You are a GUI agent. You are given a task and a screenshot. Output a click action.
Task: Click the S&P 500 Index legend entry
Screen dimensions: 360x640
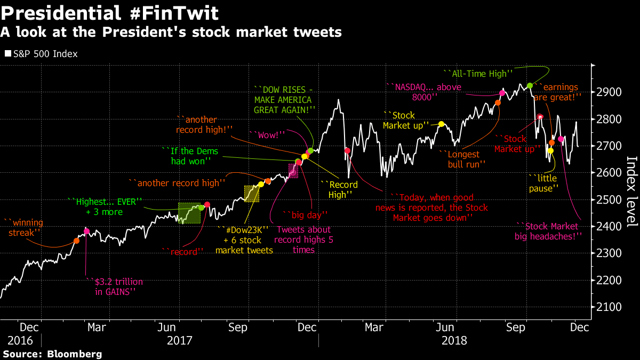pyautogui.click(x=42, y=54)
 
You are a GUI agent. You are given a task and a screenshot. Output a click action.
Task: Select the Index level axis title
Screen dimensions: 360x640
pyautogui.click(x=630, y=191)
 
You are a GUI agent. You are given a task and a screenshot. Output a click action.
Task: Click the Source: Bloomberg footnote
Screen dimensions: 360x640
pyautogui.click(x=52, y=354)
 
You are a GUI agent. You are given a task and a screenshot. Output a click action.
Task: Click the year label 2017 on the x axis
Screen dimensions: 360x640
pyautogui.click(x=179, y=340)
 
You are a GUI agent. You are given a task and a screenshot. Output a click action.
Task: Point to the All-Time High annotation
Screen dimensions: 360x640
pyautogui.click(x=478, y=73)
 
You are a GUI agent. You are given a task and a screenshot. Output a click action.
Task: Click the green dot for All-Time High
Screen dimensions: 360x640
pyautogui.click(x=530, y=86)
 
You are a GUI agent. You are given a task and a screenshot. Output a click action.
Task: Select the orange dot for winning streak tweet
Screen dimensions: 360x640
pyautogui.click(x=76, y=241)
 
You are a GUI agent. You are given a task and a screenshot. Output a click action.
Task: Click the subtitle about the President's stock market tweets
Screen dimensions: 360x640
pyautogui.click(x=171, y=33)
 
